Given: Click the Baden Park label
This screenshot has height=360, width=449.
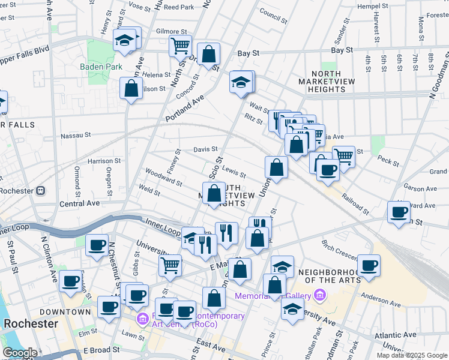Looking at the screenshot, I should pos(101,67).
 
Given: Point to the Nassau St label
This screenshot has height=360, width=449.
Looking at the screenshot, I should pos(76,136).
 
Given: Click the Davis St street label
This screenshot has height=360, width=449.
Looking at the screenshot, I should pos(205,149).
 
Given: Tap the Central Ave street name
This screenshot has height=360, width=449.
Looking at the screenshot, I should pos(79,203).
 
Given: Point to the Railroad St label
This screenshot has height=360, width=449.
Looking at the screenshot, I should pos(354,204).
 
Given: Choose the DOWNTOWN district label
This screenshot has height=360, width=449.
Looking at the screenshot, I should pos(65,312).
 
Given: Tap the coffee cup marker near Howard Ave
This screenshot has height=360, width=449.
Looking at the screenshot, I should pos(399,212).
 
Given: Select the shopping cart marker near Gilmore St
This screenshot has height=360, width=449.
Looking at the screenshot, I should pos(179,44).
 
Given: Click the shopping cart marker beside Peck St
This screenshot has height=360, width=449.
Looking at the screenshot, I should pos(343,156).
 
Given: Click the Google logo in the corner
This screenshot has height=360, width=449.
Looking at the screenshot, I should pos(20,353).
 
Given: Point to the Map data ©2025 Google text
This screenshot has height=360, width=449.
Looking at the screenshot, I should pos(411,355).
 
